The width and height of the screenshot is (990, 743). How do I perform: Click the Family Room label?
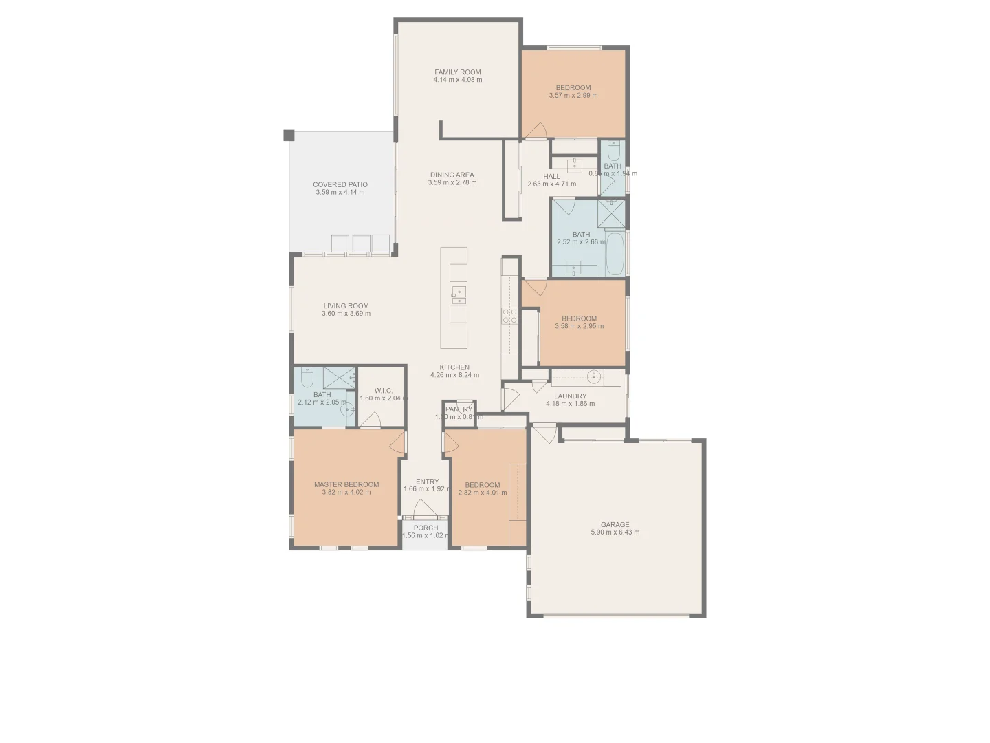(x=457, y=72)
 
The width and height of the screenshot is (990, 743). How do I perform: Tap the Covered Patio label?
(x=340, y=184)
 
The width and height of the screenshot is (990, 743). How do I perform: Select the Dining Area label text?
(x=452, y=175)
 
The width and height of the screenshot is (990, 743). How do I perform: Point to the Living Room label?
(x=346, y=306)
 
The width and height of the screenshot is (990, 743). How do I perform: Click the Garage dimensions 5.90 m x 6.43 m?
(x=615, y=532)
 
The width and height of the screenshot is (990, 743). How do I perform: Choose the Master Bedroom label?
(x=346, y=484)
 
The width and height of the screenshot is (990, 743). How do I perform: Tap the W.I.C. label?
(x=383, y=391)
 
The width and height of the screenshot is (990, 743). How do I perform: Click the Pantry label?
(x=459, y=409)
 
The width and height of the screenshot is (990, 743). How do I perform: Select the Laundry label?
(x=570, y=396)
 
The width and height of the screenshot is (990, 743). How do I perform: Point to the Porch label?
(x=426, y=528)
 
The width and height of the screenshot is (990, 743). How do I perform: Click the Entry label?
(x=427, y=482)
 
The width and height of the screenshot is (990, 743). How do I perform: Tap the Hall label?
(x=551, y=177)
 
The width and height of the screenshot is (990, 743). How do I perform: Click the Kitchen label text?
(x=454, y=367)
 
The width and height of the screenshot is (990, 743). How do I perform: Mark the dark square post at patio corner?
(x=289, y=135)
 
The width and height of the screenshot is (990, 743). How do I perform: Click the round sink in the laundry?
(x=595, y=376)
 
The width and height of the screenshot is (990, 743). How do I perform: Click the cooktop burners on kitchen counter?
(x=509, y=316)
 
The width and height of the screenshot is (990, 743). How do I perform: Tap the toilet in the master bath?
(x=307, y=376)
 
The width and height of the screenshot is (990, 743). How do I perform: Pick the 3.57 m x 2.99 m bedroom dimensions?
(x=573, y=96)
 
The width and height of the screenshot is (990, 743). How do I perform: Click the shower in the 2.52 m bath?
(x=611, y=212)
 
